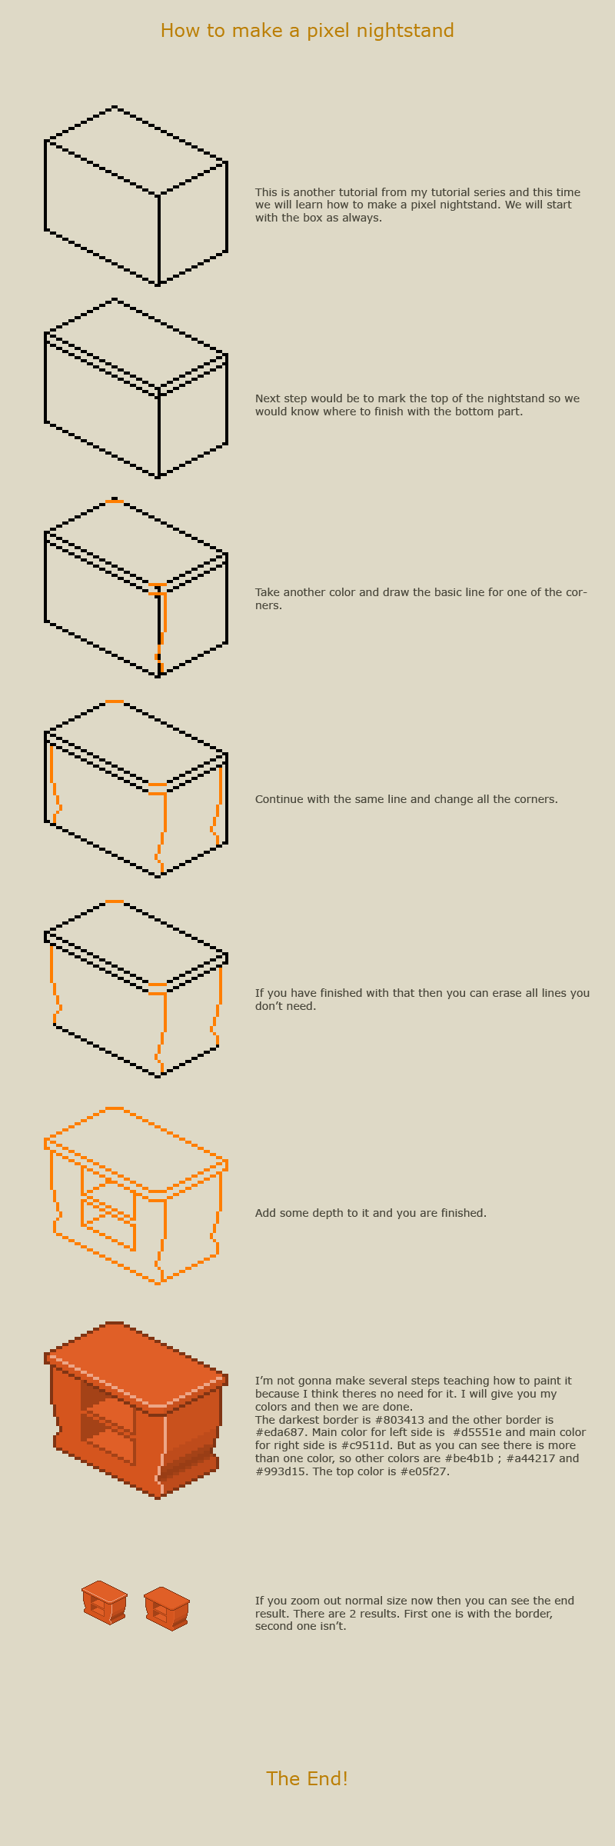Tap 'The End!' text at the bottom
coord(307,1778)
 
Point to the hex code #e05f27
coord(422,1471)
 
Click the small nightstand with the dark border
coord(105,1603)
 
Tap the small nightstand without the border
coord(166,1608)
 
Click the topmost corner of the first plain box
coord(114,108)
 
